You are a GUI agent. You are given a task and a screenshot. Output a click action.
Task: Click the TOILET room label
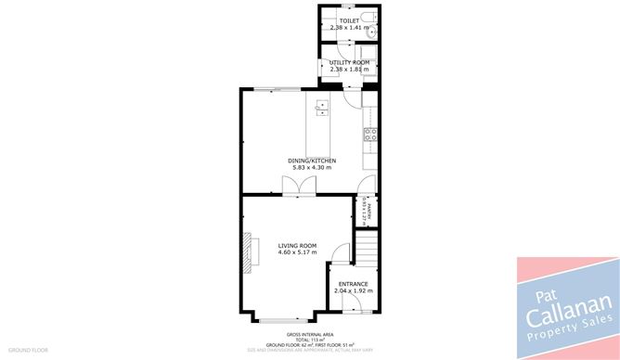349,20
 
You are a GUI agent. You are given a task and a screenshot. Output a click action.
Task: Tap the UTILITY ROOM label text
349,62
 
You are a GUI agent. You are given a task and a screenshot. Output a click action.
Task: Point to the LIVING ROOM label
297,245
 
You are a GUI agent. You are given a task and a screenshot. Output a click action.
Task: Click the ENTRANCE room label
353,284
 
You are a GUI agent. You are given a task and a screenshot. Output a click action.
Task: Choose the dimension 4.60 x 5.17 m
297,252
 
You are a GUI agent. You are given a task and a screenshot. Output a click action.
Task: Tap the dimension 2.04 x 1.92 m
353,291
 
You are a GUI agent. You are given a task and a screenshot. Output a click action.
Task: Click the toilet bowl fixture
368,18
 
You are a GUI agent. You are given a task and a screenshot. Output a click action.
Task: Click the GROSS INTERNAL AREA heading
310,334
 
